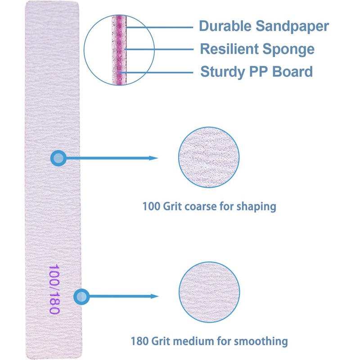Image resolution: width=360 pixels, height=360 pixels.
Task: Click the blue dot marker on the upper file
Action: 58,158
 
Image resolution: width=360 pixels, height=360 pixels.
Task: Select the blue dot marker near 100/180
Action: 81,296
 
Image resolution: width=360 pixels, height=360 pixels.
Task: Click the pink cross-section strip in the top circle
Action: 120,49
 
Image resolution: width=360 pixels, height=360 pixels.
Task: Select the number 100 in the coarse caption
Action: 150,207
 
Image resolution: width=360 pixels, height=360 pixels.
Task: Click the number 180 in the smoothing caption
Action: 139,341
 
